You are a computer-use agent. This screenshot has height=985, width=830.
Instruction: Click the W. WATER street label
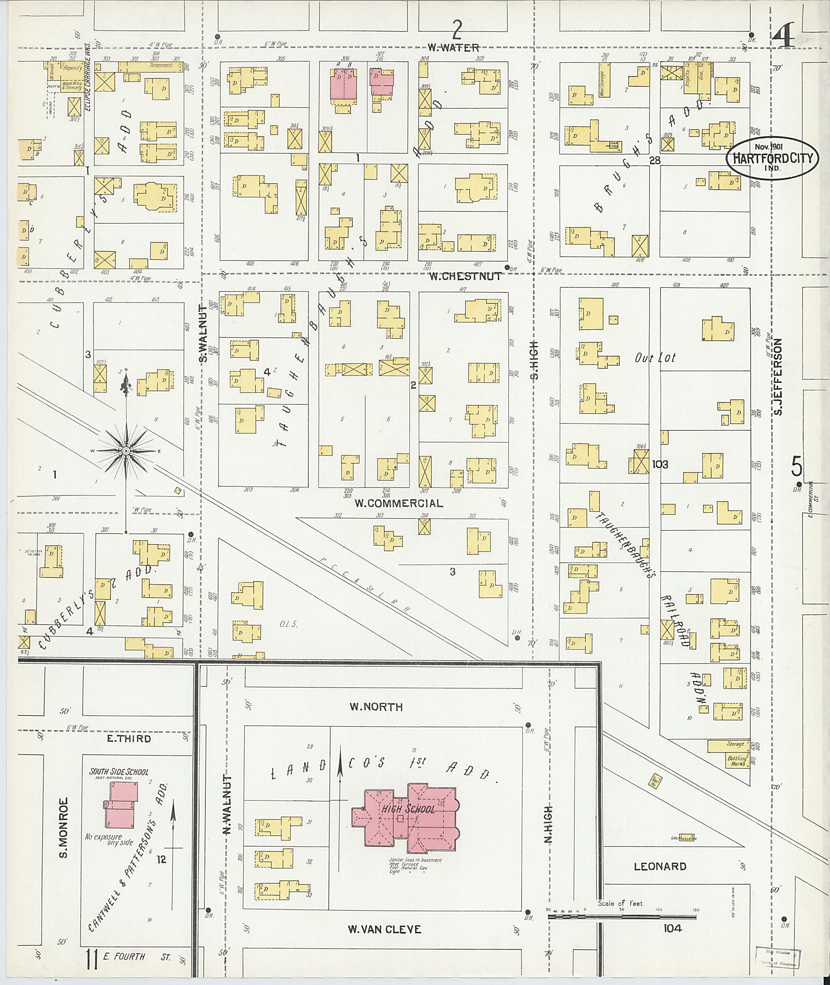[x=454, y=47]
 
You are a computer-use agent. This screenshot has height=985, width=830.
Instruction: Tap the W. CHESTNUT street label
[x=464, y=277]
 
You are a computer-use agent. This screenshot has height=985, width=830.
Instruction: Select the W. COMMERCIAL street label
[x=398, y=503]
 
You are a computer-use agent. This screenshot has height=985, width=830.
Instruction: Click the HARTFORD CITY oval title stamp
[x=772, y=158]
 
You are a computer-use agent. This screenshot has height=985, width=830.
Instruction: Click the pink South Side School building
[x=120, y=810]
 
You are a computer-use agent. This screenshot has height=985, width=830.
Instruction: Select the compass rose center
[x=126, y=451]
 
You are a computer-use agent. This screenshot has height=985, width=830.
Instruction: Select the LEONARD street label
[x=660, y=866]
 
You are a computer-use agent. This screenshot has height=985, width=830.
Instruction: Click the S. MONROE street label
[x=64, y=827]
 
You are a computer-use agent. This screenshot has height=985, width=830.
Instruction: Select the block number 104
[x=672, y=929]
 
